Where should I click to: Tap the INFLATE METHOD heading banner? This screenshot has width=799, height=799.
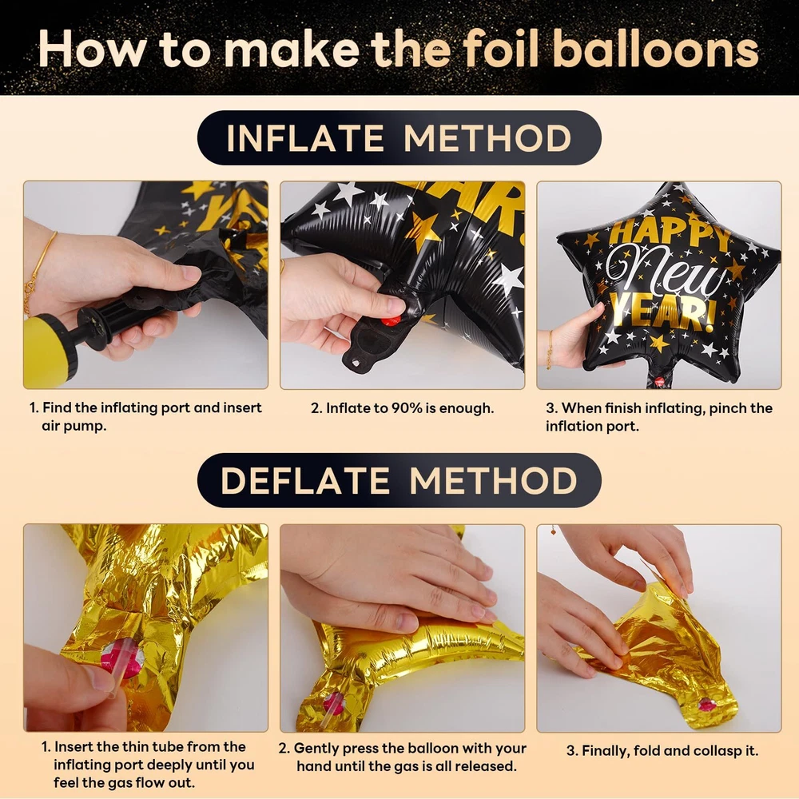[x=399, y=137]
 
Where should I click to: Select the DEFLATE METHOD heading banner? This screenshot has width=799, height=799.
[x=399, y=480]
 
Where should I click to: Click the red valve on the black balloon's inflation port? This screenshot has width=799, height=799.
[x=391, y=321]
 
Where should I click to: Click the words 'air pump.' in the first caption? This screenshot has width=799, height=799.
[x=74, y=426]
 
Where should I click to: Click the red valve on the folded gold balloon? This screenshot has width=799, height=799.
[x=707, y=704]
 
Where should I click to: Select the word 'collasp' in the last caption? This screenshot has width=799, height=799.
[x=715, y=751]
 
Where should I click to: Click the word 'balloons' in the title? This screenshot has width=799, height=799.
[x=656, y=49]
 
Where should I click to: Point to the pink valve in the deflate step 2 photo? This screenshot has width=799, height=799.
[x=334, y=703]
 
